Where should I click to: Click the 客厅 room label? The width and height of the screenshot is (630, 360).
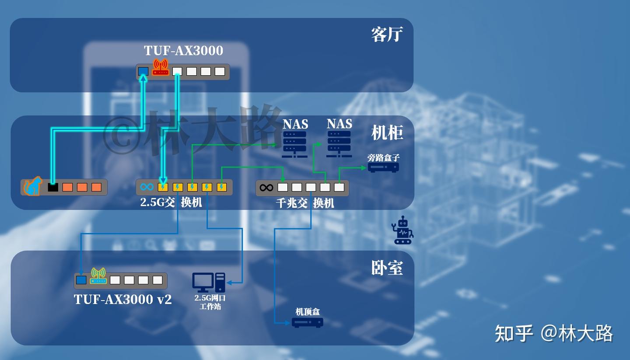point(387,34)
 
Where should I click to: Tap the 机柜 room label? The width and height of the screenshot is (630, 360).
point(387,133)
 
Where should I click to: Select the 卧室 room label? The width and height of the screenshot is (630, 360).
point(387,268)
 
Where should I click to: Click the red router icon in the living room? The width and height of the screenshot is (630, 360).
point(160,68)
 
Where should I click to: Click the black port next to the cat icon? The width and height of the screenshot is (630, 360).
point(53,187)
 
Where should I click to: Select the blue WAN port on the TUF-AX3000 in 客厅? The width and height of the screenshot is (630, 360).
point(143,71)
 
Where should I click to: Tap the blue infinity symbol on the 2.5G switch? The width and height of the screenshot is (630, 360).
point(147,187)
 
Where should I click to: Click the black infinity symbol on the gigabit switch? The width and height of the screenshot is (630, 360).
point(266,188)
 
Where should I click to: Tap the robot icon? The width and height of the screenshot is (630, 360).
point(402,230)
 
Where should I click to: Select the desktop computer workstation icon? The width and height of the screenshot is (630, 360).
point(209,283)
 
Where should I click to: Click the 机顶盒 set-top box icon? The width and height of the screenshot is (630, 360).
point(308,323)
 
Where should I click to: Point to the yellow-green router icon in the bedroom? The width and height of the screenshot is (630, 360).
point(98,276)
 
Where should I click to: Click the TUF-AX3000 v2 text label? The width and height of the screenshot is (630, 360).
point(123,299)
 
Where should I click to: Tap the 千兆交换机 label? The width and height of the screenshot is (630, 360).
point(305,203)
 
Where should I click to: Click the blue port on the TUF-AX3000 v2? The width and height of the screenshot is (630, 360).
point(81,280)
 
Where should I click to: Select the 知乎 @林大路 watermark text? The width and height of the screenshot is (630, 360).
point(553,333)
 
